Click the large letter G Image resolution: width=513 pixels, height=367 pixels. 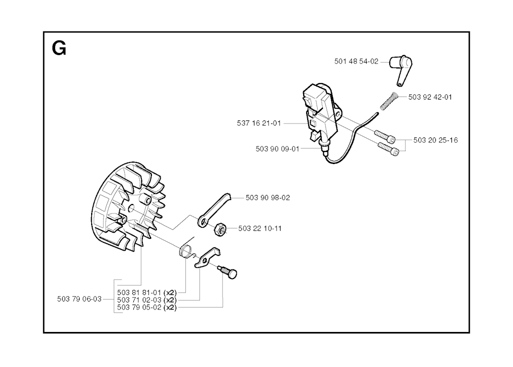[x=59, y=49]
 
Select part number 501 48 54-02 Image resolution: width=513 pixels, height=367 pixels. [x=356, y=61]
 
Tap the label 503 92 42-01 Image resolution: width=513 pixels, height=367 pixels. [x=430, y=97]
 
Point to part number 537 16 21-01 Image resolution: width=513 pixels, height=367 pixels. [x=259, y=123]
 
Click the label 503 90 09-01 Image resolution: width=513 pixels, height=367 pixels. [x=278, y=149]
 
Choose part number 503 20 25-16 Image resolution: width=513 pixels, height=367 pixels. [x=435, y=140]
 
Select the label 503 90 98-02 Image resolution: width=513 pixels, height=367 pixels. [x=268, y=197]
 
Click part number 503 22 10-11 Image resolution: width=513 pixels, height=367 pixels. [x=260, y=228]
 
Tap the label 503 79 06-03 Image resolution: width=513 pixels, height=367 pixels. [x=79, y=299]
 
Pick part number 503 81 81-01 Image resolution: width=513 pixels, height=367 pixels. [x=139, y=292]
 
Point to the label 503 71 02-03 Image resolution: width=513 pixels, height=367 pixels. [x=139, y=299]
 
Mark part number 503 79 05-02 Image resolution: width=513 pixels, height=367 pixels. [x=139, y=307]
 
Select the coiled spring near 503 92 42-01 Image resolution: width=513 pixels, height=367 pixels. [x=388, y=101]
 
